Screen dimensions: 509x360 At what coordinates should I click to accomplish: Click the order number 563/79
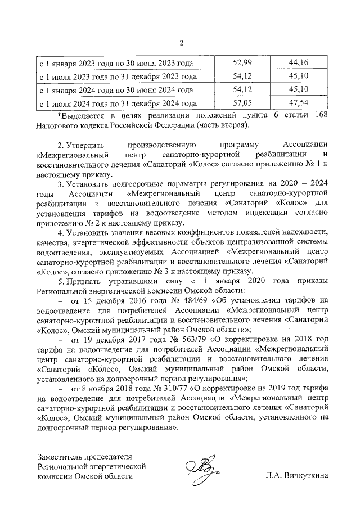point(191,340)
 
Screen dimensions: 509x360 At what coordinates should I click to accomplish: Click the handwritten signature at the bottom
point(202,469)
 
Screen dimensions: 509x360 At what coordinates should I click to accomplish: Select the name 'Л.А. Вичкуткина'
point(296,476)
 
